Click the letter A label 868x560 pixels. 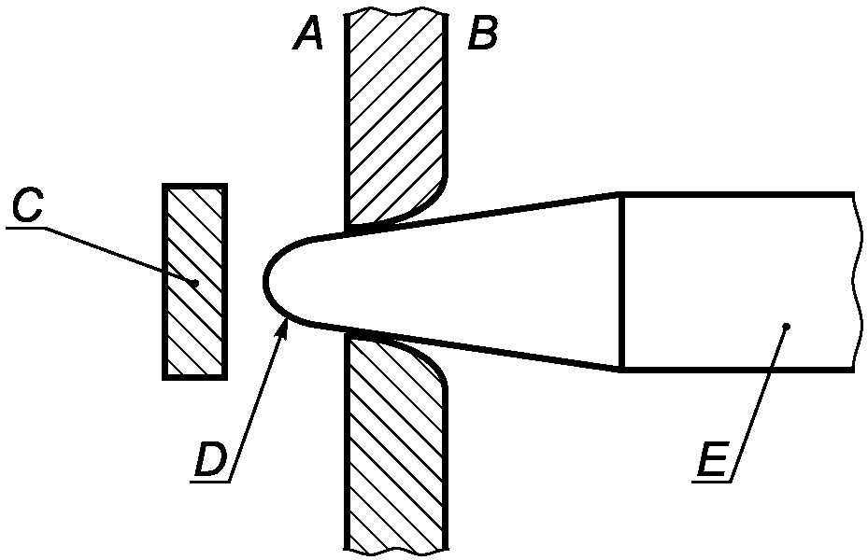307,34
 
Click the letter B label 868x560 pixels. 483,34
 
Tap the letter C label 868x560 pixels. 26,206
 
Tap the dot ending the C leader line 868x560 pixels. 195,283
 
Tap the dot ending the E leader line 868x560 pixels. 787,326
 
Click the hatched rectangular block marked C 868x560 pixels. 195,281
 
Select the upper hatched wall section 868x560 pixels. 395,116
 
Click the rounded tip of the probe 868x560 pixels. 267,281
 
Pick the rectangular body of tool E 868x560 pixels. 739,282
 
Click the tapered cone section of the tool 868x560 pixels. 471,282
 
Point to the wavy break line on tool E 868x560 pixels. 858,282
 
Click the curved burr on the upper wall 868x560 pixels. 426,208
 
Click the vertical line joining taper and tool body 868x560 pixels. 621,282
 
